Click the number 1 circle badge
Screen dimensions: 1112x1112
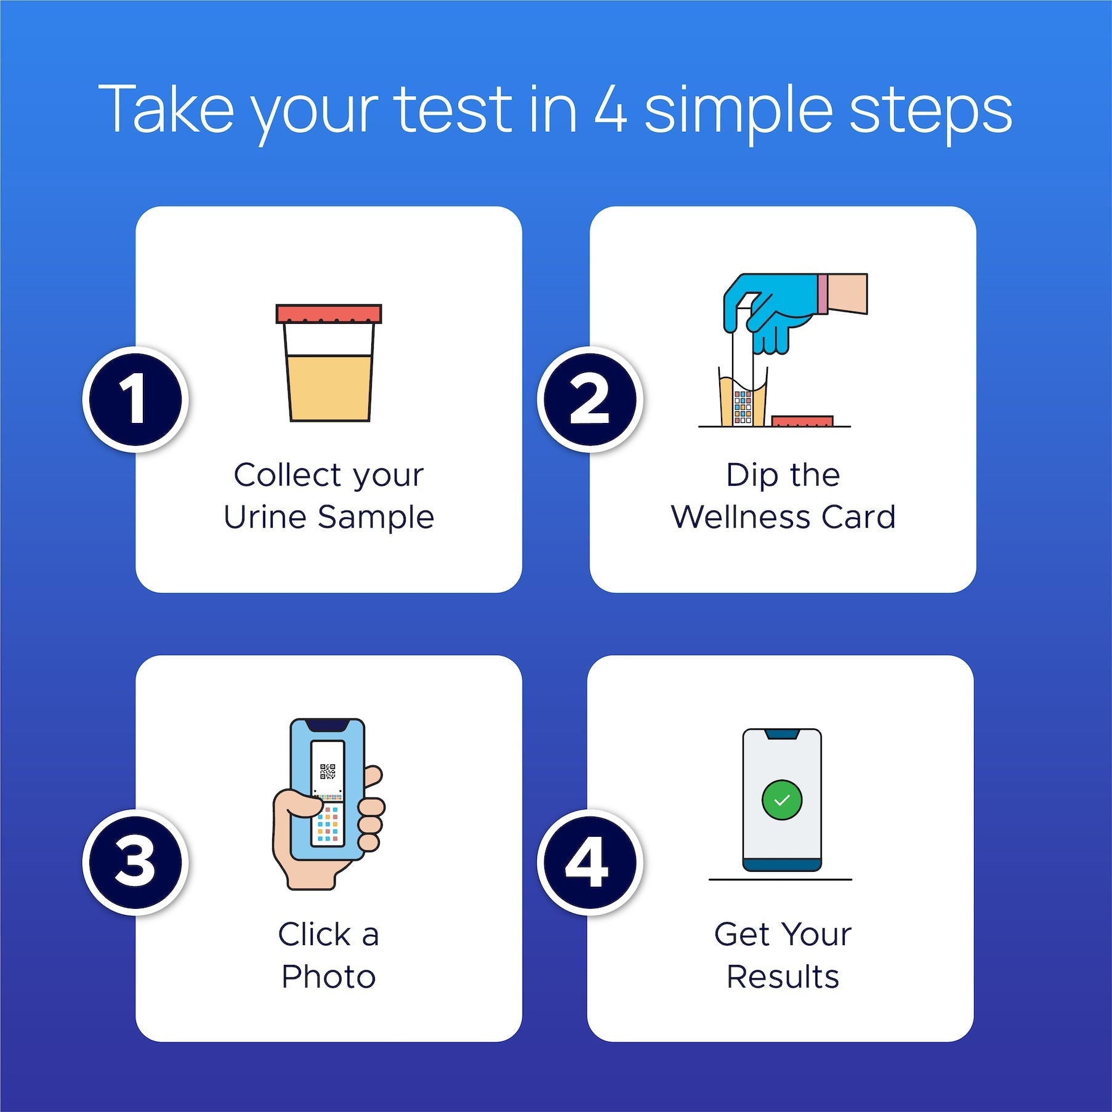135,400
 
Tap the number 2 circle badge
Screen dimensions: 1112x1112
589,400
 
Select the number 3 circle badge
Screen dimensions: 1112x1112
135,861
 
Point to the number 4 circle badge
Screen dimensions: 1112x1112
589,861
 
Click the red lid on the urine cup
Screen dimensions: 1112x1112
329,314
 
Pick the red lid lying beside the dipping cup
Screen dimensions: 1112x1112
802,421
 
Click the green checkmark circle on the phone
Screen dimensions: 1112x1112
781,800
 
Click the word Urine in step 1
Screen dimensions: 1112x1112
265,517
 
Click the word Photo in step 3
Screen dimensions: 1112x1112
328,977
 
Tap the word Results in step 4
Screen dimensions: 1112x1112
783,977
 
